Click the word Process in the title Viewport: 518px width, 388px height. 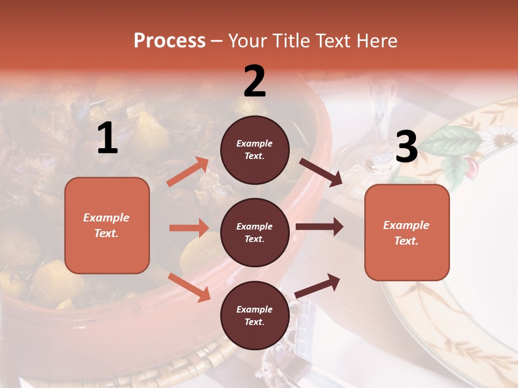click(169, 41)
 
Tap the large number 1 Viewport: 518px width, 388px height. click(107, 138)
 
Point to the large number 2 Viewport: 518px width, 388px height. click(255, 81)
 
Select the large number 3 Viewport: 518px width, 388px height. click(406, 147)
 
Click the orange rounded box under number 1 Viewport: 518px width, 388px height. click(107, 225)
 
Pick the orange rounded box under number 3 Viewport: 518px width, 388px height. click(407, 232)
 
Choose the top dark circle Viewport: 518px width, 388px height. click(255, 150)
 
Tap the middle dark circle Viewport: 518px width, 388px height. click(255, 232)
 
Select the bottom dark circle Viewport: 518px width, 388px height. click(255, 315)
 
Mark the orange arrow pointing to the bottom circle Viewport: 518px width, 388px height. click(189, 287)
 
